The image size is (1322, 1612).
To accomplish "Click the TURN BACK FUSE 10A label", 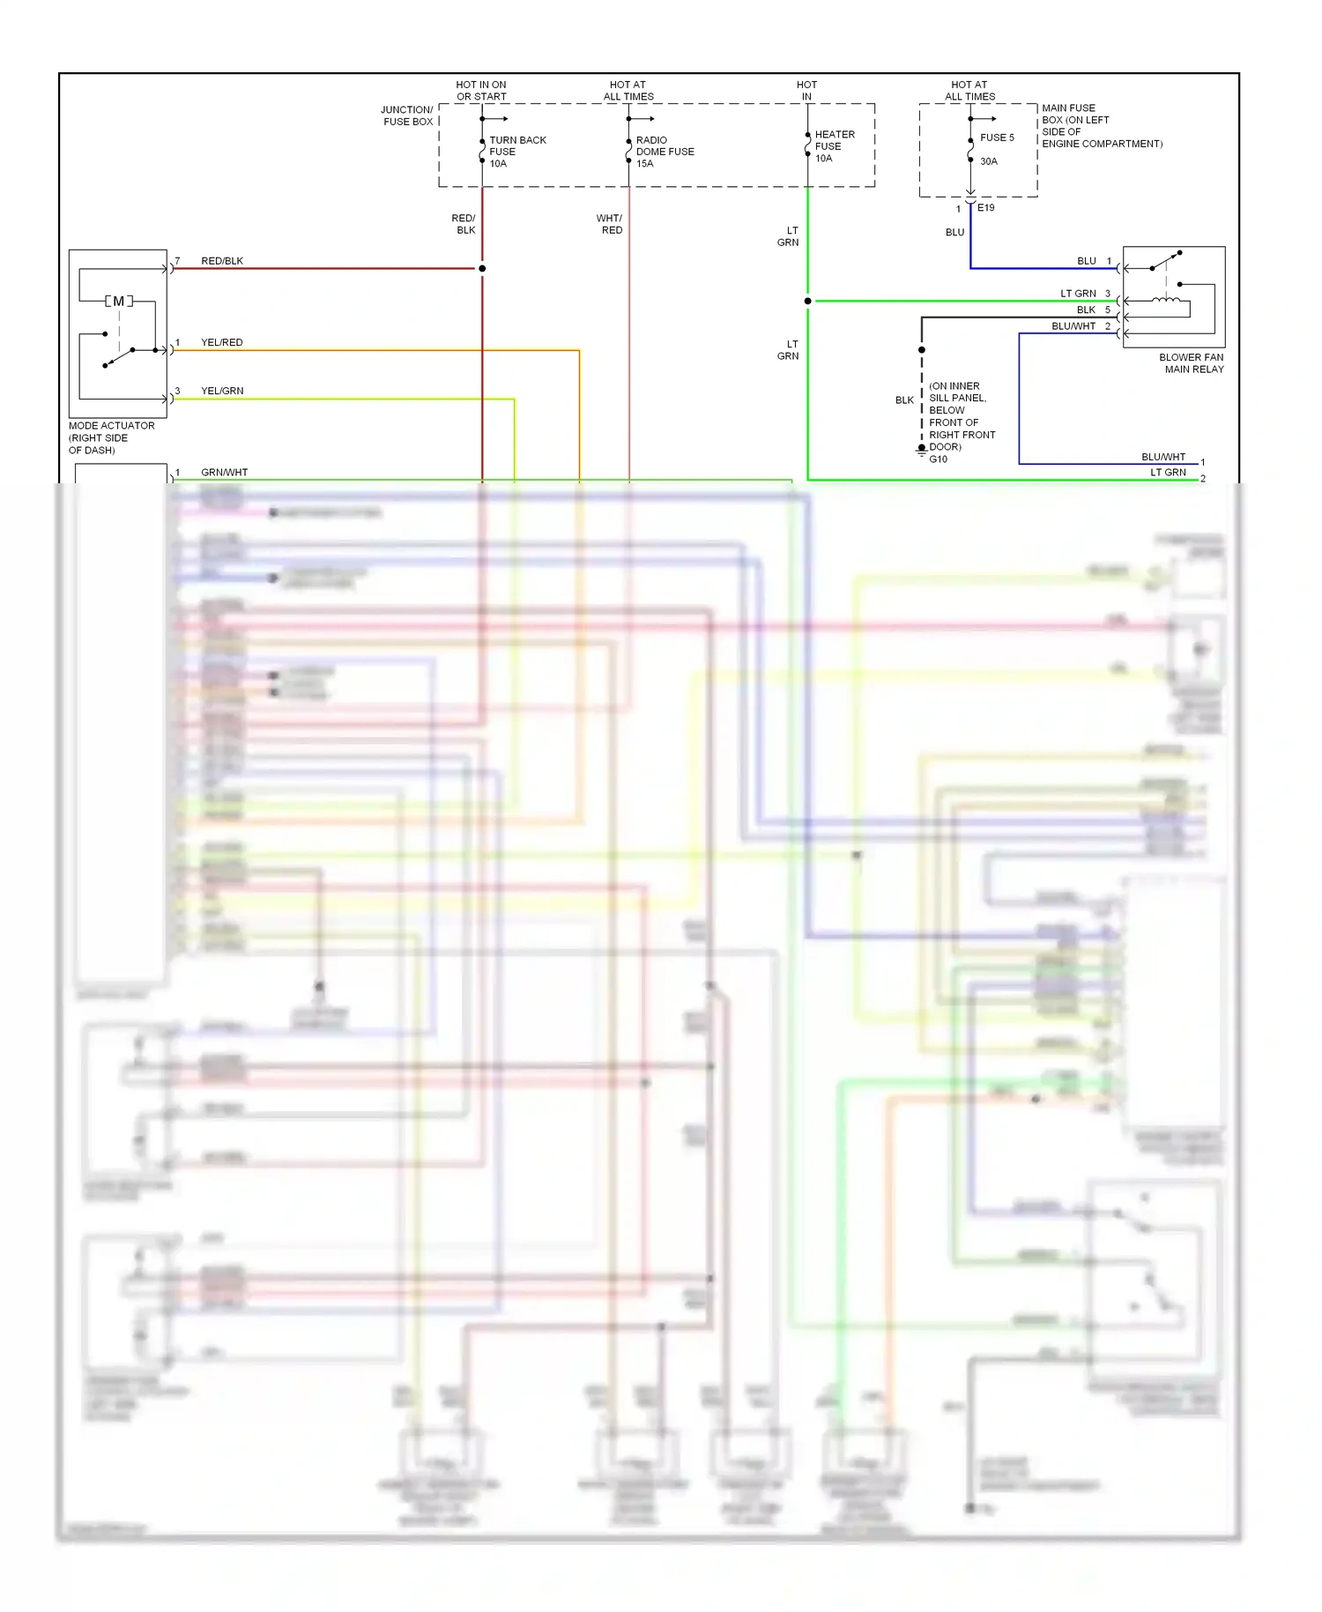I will [516, 152].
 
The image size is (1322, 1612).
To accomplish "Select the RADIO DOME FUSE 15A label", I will [664, 152].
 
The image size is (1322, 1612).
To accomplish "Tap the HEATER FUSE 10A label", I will [833, 146].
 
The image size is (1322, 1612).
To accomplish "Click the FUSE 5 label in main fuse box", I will [997, 138].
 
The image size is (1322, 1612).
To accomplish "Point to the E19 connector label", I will [985, 208].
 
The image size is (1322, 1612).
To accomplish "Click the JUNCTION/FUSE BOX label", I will [407, 116].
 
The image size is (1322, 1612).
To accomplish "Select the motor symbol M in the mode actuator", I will [119, 302].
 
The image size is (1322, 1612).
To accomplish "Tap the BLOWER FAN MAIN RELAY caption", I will [1192, 363].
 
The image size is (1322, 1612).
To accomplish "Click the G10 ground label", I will [938, 459].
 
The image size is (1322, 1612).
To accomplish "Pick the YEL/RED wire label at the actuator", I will [221, 342].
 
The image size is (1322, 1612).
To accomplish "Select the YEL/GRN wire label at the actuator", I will [222, 391].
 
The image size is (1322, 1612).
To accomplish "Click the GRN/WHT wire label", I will [224, 473].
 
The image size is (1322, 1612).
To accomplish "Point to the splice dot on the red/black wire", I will [482, 268].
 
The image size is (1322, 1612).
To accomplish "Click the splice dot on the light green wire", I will [807, 302].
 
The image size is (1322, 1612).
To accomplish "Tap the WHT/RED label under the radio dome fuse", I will [610, 224].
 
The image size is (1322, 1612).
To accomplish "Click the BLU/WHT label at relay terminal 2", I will [1073, 326].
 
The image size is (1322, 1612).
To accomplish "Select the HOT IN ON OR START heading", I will [481, 91].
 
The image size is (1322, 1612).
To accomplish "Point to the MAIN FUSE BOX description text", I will [1101, 126].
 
